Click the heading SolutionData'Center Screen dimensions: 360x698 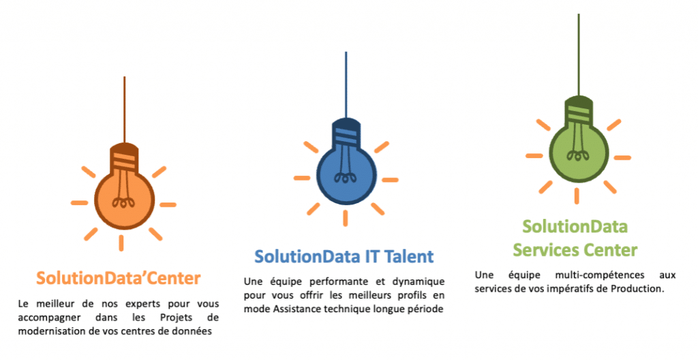point(119,278)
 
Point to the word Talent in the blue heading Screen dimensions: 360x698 point(406,256)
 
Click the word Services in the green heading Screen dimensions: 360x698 point(543,250)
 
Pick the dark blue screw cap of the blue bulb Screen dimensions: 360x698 point(346,134)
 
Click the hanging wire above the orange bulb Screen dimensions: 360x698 point(124,109)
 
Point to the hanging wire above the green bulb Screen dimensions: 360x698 point(578,55)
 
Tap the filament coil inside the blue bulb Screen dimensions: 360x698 point(346,177)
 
